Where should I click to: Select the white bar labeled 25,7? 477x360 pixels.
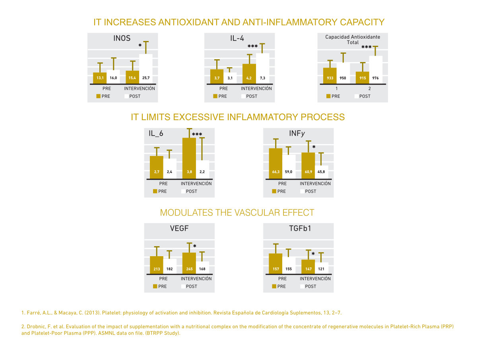[146, 69]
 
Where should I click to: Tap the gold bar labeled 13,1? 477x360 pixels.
[100, 78]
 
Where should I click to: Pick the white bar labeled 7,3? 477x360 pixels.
[263, 68]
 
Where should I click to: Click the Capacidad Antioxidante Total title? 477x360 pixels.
[353, 39]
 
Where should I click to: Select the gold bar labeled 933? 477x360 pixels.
[330, 76]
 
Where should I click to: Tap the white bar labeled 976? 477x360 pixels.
[376, 70]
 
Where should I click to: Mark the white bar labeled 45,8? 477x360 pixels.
[321, 172]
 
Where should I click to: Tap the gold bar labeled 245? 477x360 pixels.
[189, 263]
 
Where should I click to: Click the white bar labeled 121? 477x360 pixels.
[321, 268]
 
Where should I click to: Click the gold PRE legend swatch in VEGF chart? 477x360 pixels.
[155, 286]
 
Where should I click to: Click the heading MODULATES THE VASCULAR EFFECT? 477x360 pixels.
[237, 212]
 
